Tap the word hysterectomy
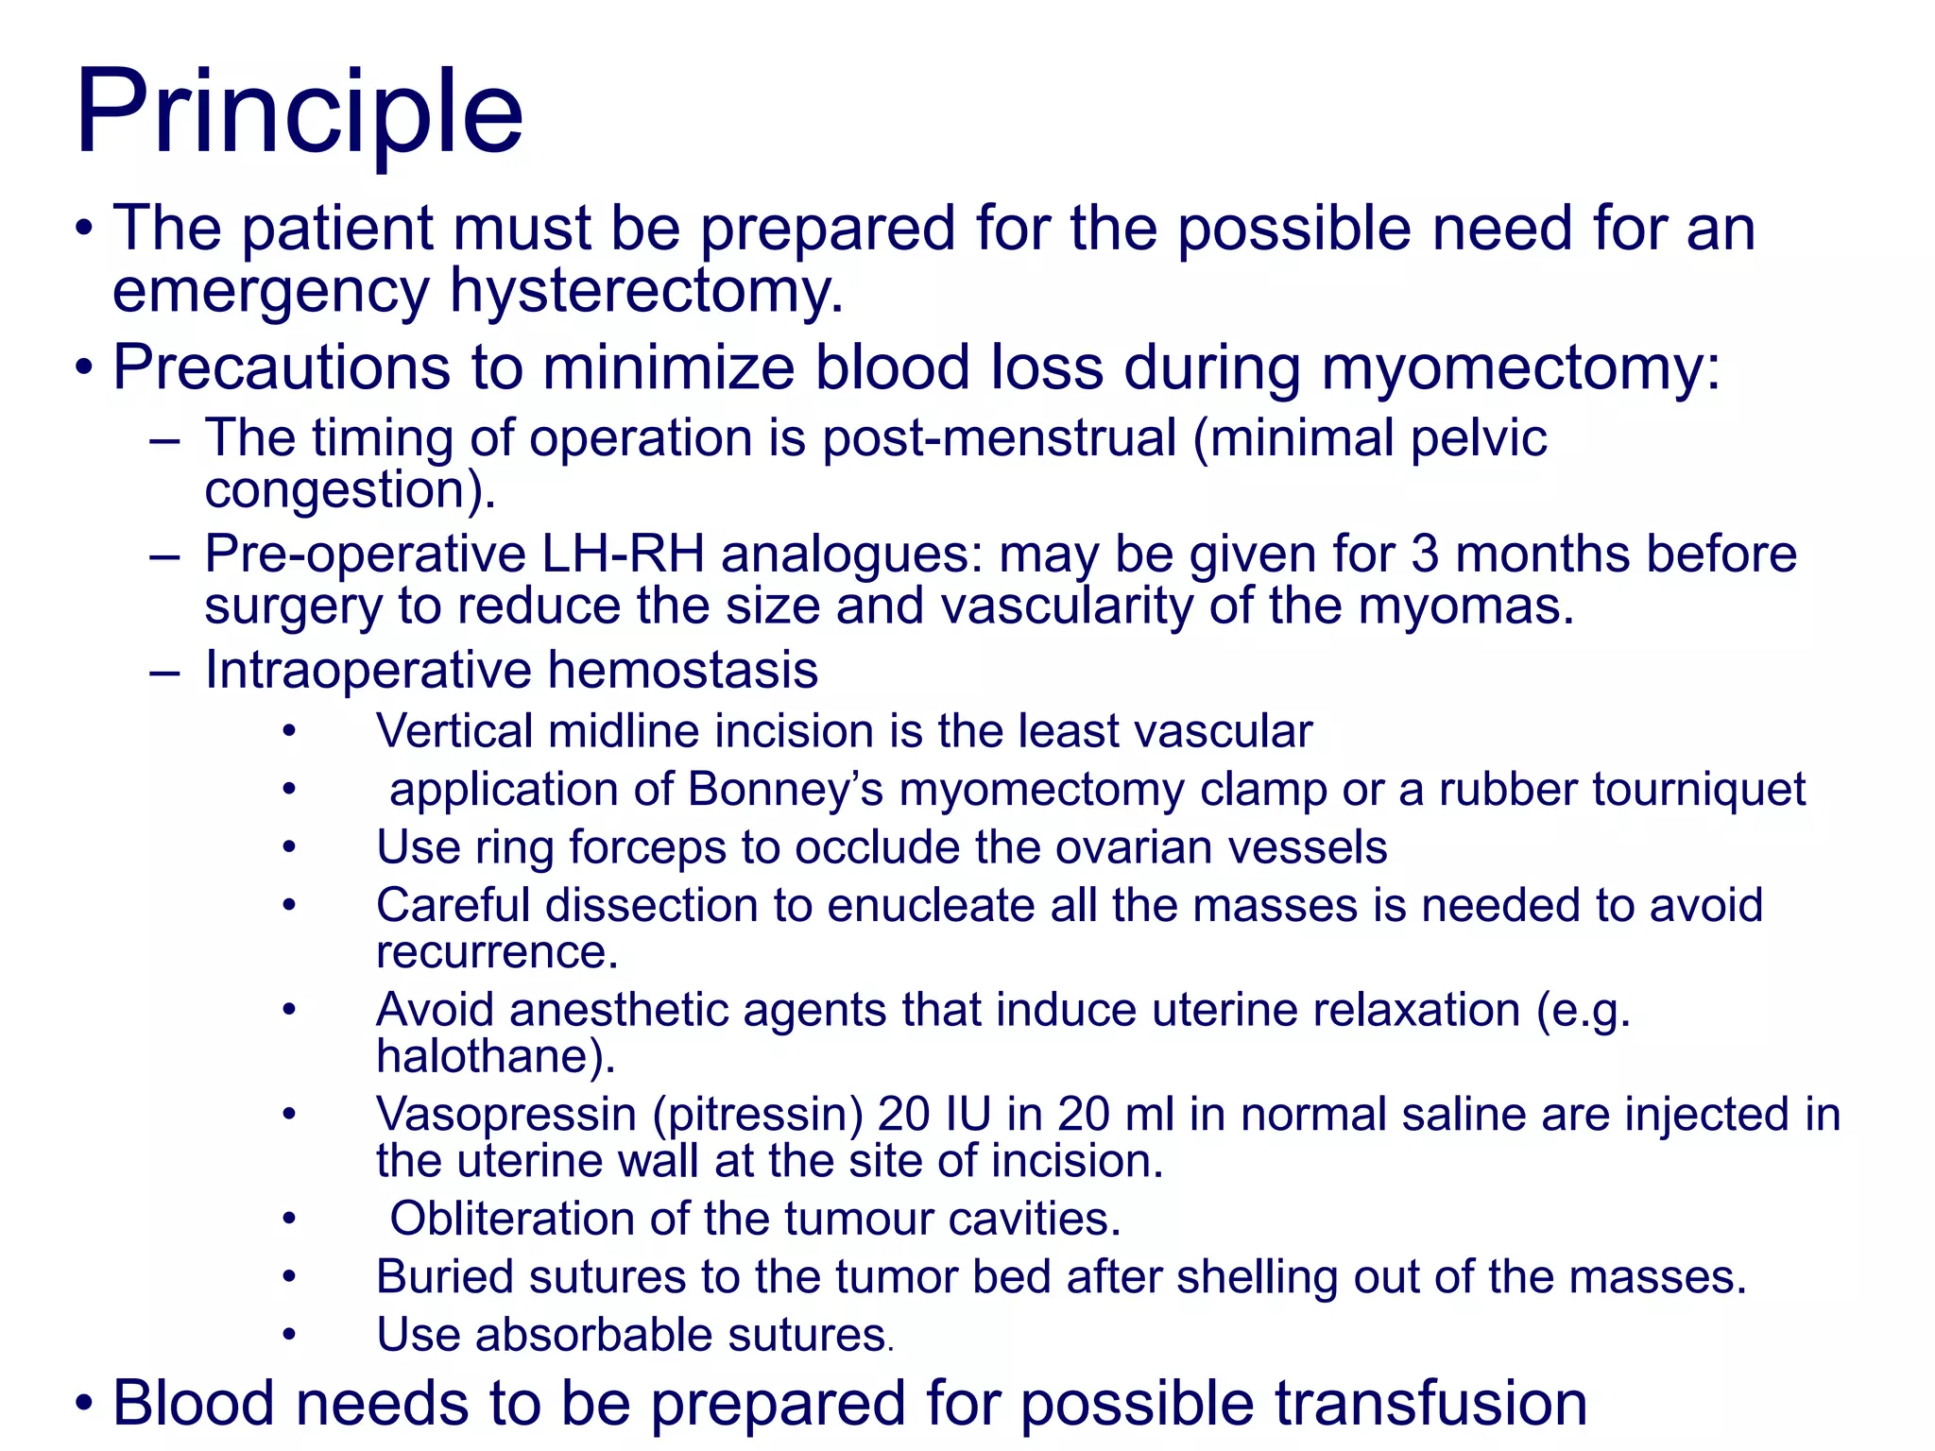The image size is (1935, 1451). (645, 291)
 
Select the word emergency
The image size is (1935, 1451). (271, 291)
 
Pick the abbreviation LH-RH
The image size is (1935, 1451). (623, 555)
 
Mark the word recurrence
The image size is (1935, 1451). (496, 952)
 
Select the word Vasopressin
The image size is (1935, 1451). (506, 1115)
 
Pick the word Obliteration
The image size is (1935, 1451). (511, 1219)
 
